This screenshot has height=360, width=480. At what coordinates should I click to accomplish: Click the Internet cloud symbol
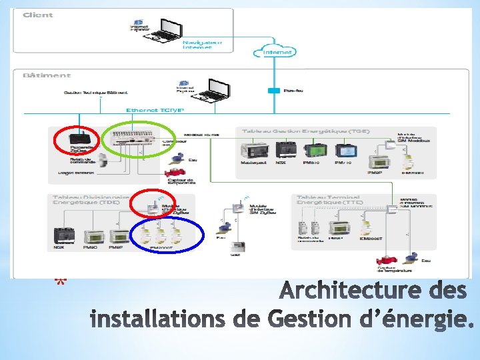tap(276, 50)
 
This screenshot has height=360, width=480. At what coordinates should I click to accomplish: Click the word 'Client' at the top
tap(38, 15)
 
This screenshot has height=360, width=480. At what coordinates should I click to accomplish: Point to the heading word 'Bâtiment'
tap(46, 75)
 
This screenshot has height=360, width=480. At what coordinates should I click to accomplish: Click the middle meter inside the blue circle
tap(161, 234)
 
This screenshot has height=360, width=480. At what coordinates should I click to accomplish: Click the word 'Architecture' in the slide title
tap(339, 292)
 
